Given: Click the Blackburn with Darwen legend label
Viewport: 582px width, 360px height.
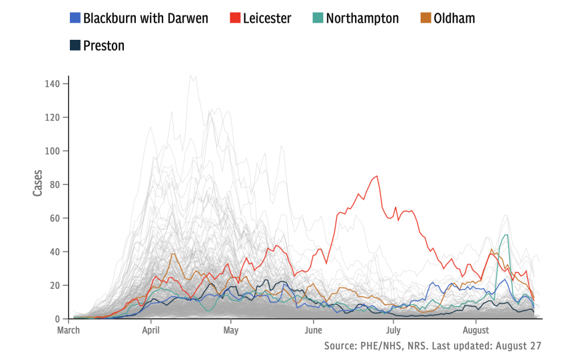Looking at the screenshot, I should (145, 18).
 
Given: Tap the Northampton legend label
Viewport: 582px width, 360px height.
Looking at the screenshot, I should (363, 18).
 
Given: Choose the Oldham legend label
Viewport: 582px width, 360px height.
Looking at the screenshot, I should (454, 18).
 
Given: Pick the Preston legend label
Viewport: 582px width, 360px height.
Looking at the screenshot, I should (103, 45).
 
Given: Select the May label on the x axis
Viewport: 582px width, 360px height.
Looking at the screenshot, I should (231, 330).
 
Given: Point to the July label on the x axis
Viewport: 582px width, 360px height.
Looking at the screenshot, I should (393, 330).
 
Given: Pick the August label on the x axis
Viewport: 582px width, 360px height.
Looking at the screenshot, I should (476, 330).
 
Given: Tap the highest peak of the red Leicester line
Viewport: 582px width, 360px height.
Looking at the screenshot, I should (377, 176).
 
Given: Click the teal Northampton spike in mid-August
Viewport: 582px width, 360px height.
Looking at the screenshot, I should (505, 235).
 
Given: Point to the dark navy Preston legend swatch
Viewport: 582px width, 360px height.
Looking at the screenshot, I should (74, 45).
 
